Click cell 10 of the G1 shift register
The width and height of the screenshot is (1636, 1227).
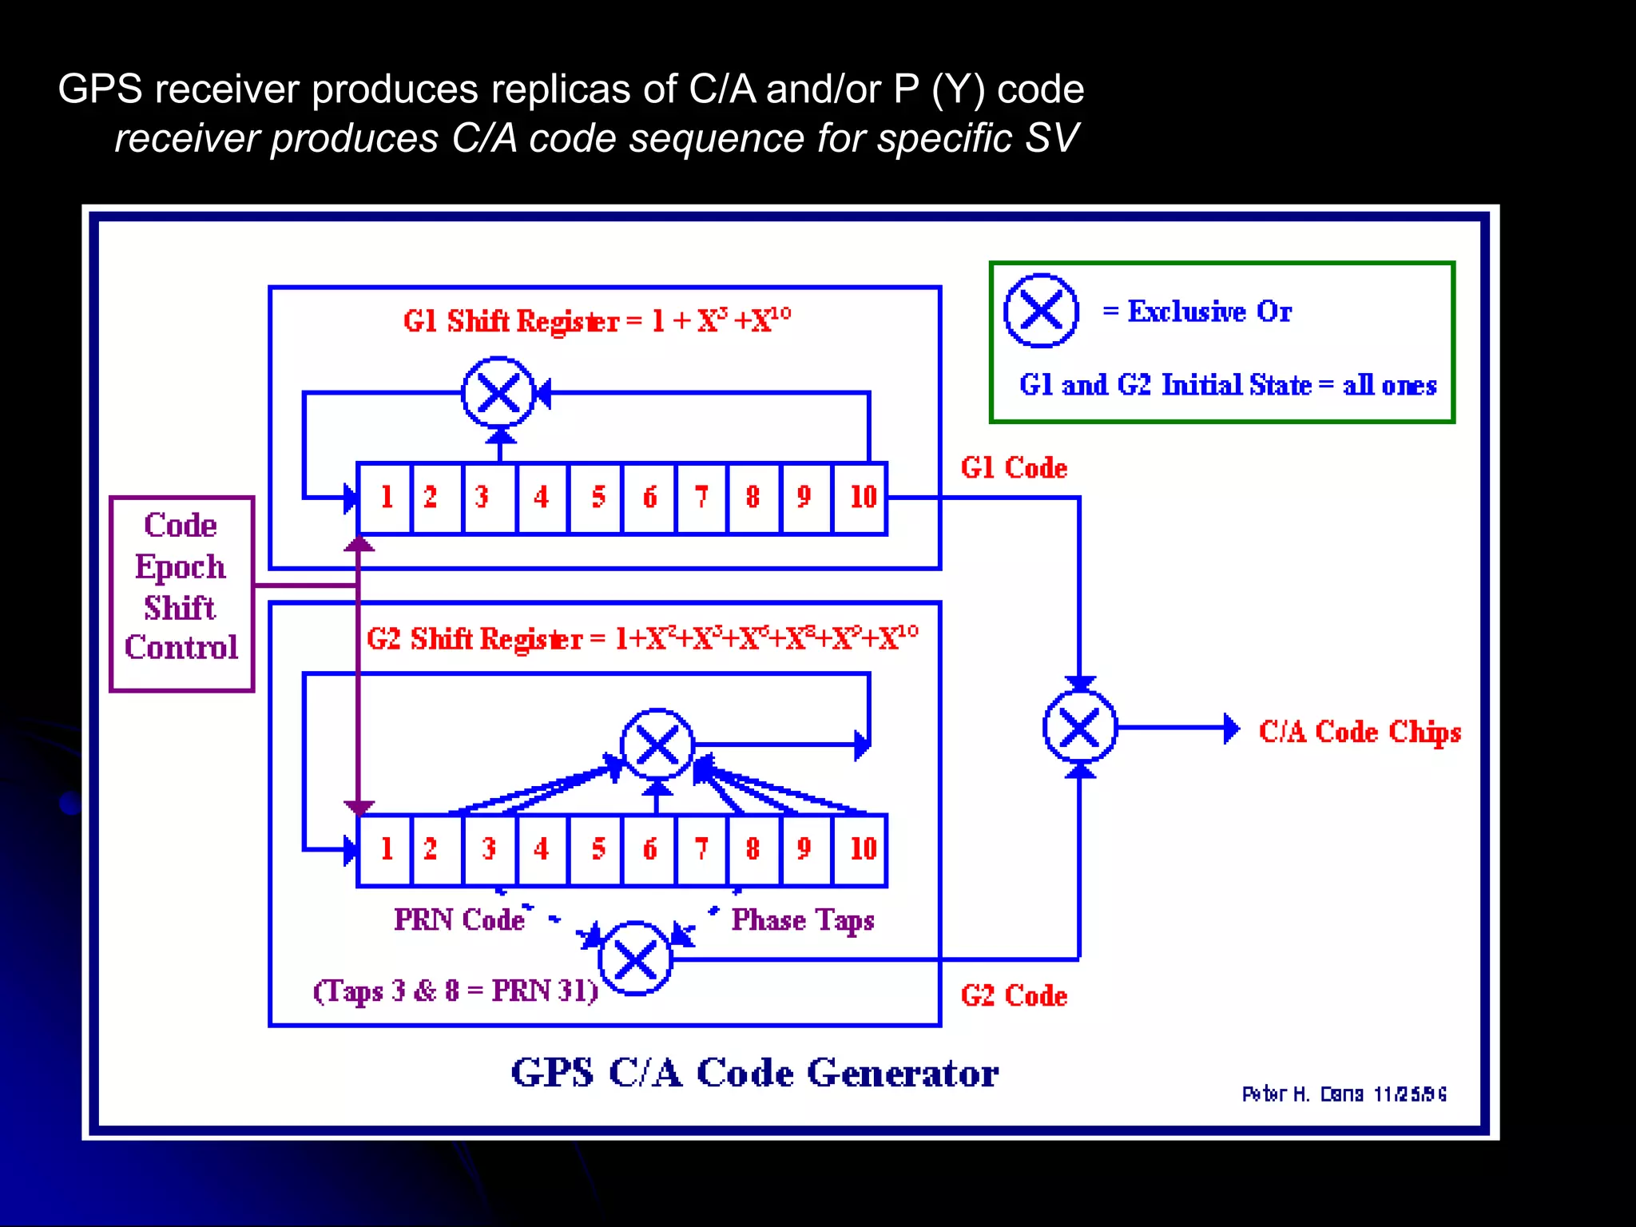point(861,498)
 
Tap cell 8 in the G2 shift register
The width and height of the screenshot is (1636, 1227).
point(752,849)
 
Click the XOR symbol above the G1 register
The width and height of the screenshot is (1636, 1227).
point(498,393)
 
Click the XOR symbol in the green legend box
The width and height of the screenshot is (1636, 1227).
point(1041,311)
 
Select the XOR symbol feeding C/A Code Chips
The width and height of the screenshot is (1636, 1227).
point(1080,728)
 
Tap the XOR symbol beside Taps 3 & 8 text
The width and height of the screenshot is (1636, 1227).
point(636,959)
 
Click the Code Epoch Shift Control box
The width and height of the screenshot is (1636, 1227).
point(182,594)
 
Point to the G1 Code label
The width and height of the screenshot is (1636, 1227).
point(1014,468)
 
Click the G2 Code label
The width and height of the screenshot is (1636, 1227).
point(1014,996)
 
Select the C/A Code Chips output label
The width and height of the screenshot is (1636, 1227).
point(1360,732)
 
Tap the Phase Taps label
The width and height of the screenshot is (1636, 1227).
point(802,921)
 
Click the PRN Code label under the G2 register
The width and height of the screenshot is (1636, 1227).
point(459,920)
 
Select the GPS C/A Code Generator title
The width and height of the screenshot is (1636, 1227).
point(754,1073)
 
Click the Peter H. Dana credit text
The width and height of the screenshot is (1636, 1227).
point(1344,1094)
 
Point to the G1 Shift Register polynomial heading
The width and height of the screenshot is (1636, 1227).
point(597,321)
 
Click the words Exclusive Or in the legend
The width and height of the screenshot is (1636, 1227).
point(1209,312)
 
